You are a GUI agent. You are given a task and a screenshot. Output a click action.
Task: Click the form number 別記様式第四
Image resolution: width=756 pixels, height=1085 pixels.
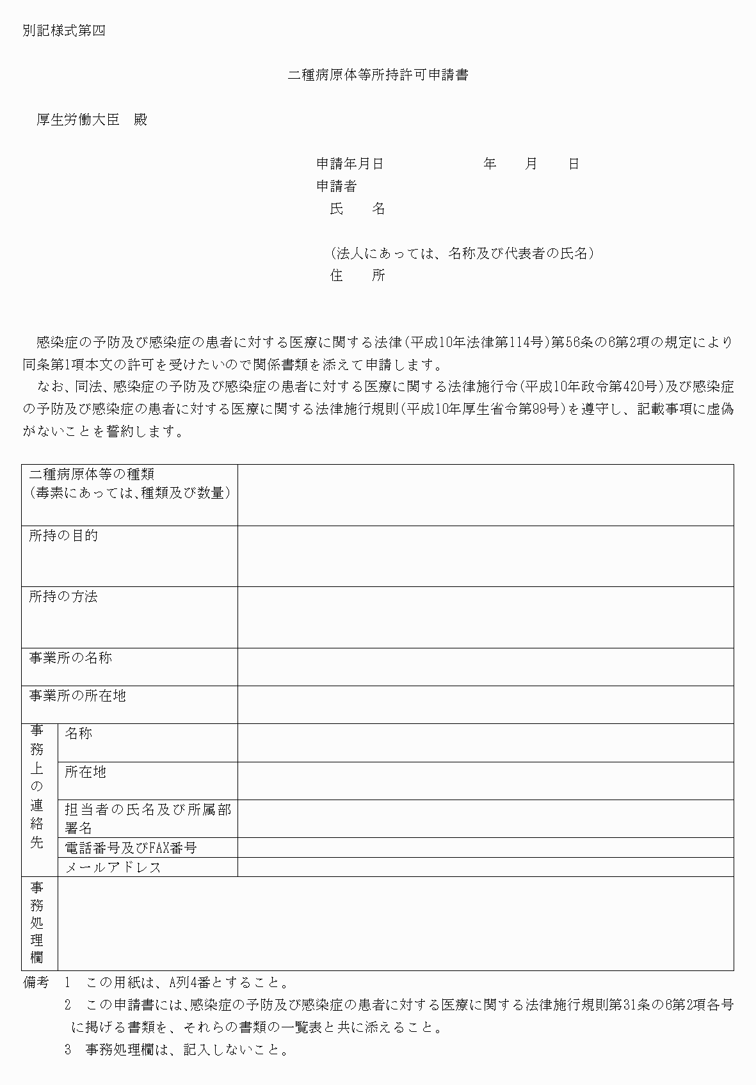click(63, 31)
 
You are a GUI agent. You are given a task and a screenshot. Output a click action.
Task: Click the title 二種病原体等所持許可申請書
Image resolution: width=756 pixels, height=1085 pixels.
click(378, 75)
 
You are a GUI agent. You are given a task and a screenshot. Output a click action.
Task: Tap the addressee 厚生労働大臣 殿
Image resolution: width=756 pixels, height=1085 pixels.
click(92, 120)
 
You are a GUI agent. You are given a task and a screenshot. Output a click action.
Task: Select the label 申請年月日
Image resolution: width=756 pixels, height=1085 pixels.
click(350, 164)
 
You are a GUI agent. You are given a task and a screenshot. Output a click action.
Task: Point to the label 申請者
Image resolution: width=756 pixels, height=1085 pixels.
click(336, 186)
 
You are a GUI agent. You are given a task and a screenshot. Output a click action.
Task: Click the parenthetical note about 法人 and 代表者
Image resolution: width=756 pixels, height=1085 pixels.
click(462, 253)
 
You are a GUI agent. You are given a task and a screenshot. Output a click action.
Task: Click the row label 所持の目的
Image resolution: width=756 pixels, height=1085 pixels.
click(63, 536)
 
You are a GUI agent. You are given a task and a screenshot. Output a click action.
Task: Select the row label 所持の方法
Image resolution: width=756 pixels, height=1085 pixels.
click(63, 597)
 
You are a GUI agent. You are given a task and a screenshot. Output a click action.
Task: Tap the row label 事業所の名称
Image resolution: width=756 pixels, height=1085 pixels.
click(70, 658)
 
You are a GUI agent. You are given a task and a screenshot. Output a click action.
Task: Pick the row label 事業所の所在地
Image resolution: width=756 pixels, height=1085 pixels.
click(77, 696)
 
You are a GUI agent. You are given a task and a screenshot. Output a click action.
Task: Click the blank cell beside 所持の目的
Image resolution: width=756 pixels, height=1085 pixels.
click(485, 556)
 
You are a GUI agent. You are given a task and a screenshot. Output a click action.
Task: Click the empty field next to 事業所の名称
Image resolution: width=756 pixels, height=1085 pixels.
click(485, 666)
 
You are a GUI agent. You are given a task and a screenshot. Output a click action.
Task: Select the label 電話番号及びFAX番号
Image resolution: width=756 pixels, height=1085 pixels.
click(131, 848)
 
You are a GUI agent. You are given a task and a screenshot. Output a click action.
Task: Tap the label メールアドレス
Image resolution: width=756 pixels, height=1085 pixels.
click(113, 867)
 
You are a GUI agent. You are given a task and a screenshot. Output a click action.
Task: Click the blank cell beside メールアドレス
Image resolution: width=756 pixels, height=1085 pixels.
click(485, 867)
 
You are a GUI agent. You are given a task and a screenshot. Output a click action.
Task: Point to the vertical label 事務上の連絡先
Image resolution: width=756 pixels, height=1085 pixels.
click(37, 787)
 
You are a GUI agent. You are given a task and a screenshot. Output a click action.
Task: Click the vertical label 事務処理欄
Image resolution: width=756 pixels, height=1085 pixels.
click(37, 922)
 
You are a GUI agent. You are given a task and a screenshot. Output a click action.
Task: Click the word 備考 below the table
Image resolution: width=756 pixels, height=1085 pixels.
click(36, 983)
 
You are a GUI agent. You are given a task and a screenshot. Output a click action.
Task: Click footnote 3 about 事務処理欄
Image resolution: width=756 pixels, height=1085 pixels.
click(176, 1050)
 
